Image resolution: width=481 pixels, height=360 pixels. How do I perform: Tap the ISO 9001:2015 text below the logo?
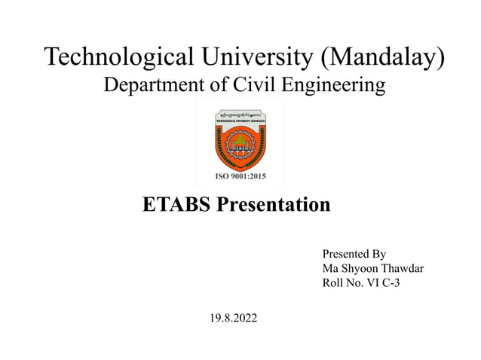[x=240, y=178]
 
